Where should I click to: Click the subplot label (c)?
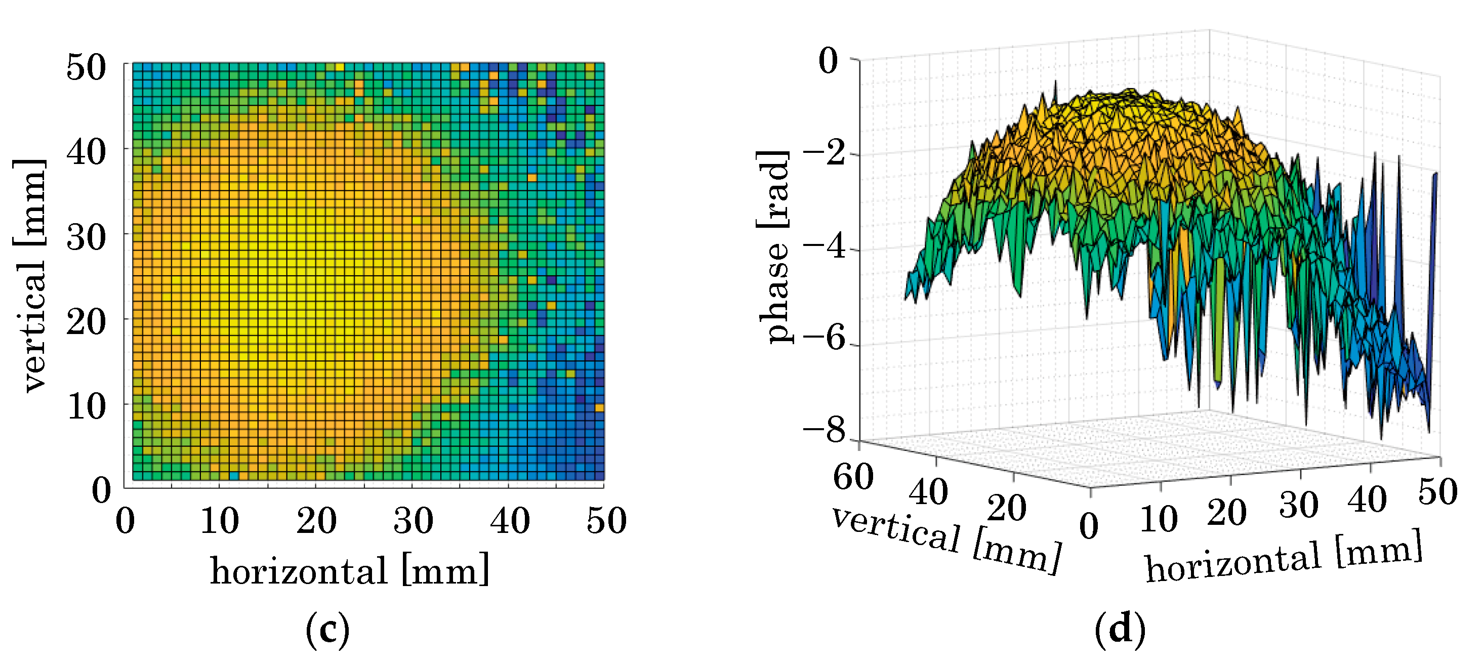point(327,630)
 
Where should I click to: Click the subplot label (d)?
point(1120,630)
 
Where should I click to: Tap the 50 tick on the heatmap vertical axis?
point(87,67)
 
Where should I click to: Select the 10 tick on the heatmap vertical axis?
point(87,406)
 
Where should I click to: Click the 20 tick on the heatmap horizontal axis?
point(316,521)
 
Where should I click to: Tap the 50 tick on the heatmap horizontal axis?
point(606,521)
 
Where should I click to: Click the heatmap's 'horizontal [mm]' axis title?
point(349,570)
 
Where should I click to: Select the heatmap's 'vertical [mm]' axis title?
point(29,276)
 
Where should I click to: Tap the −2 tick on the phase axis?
point(825,154)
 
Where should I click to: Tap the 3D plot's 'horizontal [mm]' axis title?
point(1284,557)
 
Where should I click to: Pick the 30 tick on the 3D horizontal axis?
point(1299,505)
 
